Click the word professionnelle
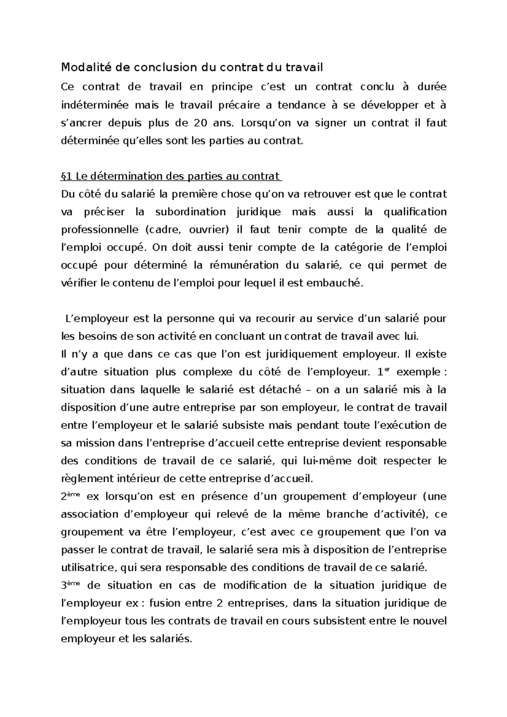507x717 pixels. point(99,230)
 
